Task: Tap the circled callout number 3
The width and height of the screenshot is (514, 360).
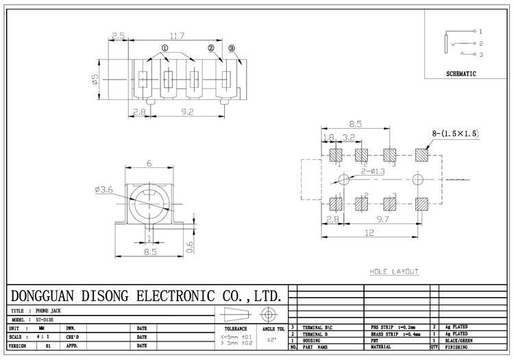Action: click(x=232, y=48)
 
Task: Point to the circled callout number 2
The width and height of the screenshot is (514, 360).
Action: click(x=211, y=48)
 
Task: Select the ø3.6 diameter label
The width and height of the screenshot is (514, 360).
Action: click(x=106, y=191)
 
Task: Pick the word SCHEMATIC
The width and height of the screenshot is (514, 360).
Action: click(x=461, y=73)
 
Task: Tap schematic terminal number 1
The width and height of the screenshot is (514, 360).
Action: click(x=480, y=32)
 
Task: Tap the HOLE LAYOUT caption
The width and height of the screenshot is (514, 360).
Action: click(x=393, y=272)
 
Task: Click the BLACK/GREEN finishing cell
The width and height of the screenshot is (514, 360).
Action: click(x=458, y=341)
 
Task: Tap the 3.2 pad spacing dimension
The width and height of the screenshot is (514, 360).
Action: click(x=348, y=137)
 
